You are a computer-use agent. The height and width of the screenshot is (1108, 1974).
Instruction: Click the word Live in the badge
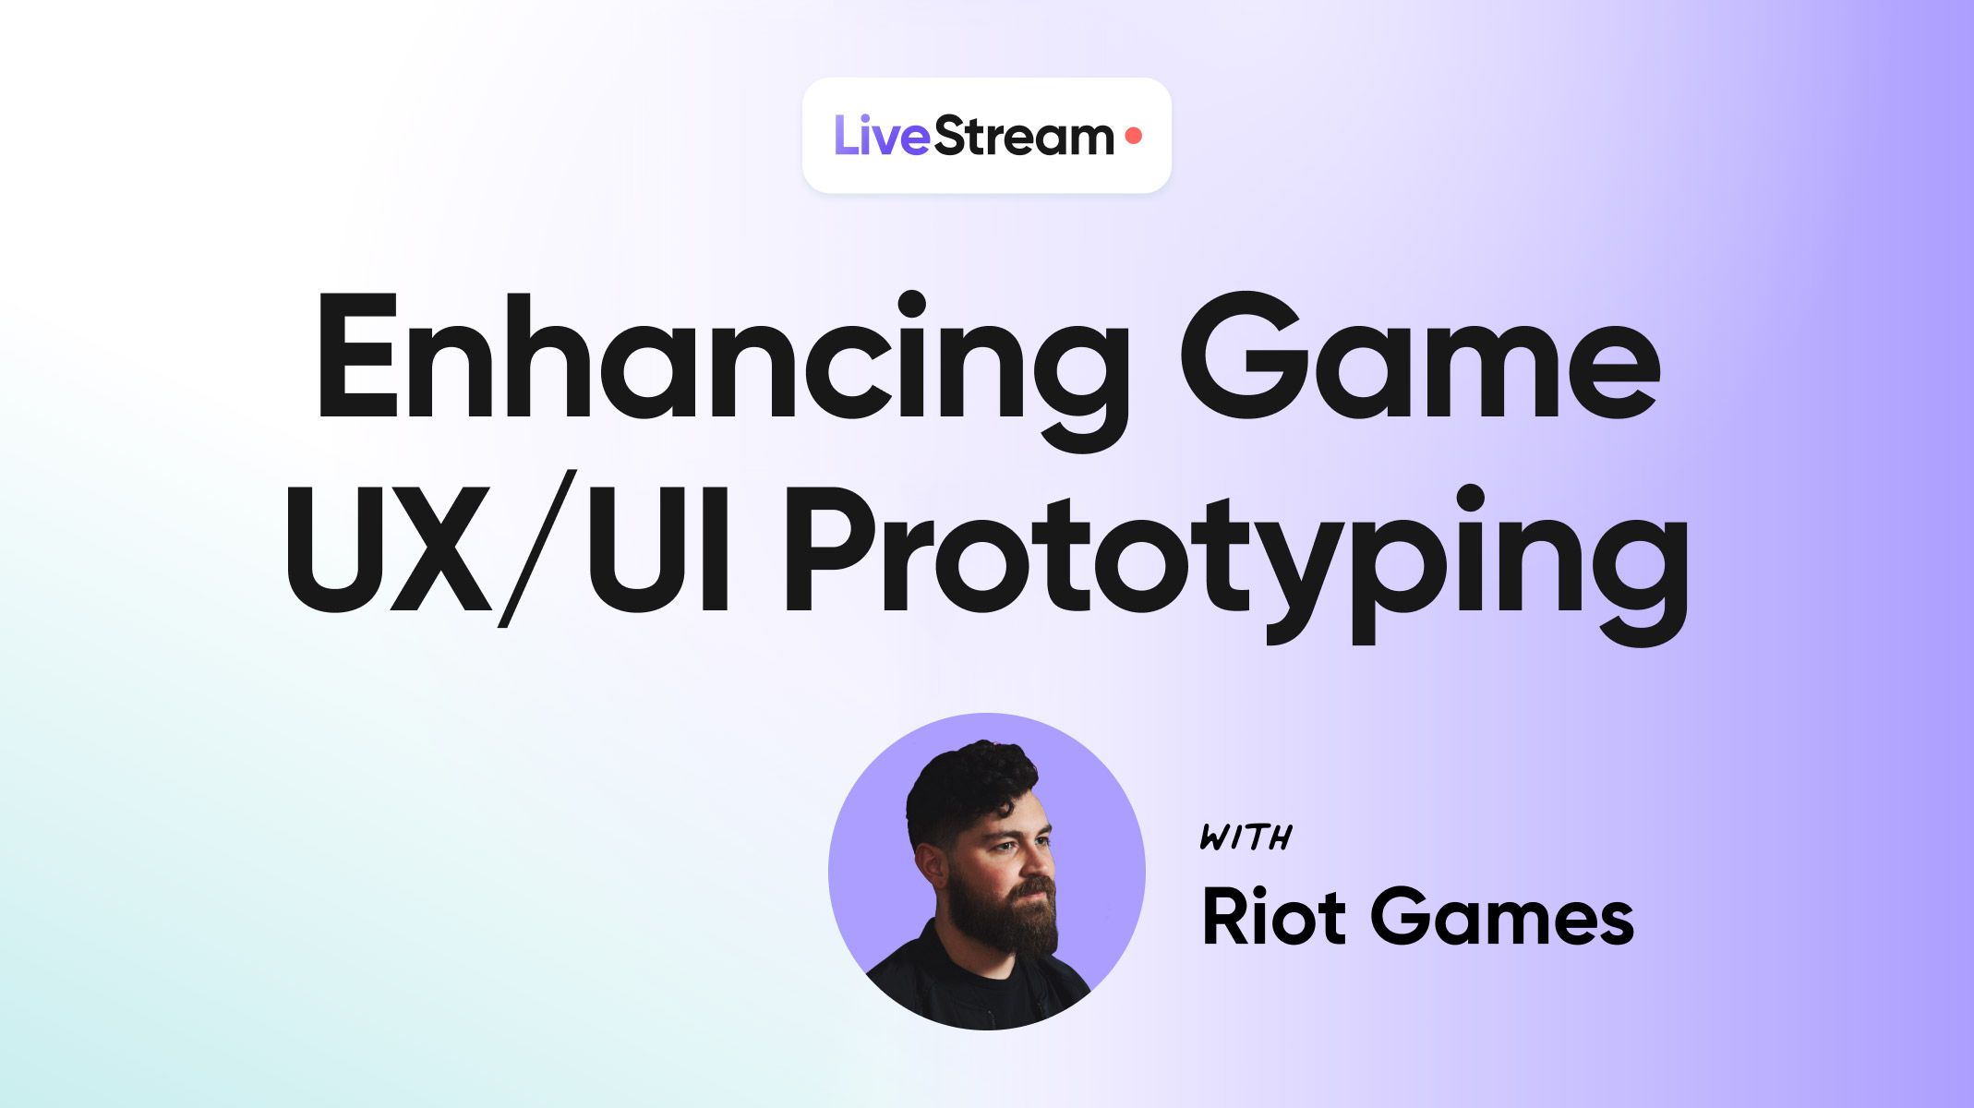882,137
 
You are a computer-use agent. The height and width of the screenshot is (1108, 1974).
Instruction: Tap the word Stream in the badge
1024,137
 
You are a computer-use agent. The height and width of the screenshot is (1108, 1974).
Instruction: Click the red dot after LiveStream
1134,137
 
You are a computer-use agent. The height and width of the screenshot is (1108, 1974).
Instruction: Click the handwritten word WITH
1245,837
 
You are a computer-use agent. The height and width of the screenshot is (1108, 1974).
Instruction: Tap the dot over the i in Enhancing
911,304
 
